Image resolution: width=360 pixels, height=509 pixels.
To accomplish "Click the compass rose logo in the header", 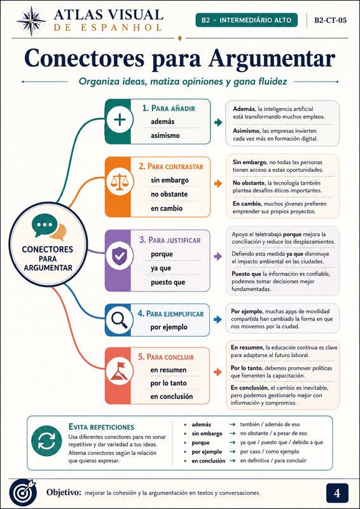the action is click(31, 21).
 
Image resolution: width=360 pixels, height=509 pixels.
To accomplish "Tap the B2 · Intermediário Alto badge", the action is click(247, 20).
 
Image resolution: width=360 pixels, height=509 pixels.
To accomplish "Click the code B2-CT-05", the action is click(330, 20).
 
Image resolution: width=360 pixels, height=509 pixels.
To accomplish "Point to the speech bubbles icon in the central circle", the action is click(49, 229).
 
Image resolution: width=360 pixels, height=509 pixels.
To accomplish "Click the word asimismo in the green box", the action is click(165, 136).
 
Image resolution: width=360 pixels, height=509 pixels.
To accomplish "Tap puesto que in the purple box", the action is click(168, 282).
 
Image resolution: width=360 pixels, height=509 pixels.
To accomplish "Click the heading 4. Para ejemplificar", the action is click(170, 314).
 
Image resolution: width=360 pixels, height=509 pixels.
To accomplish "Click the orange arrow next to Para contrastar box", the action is click(218, 184).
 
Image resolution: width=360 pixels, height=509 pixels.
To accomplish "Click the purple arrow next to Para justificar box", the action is click(218, 257).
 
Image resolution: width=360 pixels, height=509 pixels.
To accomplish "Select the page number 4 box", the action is click(337, 493).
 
